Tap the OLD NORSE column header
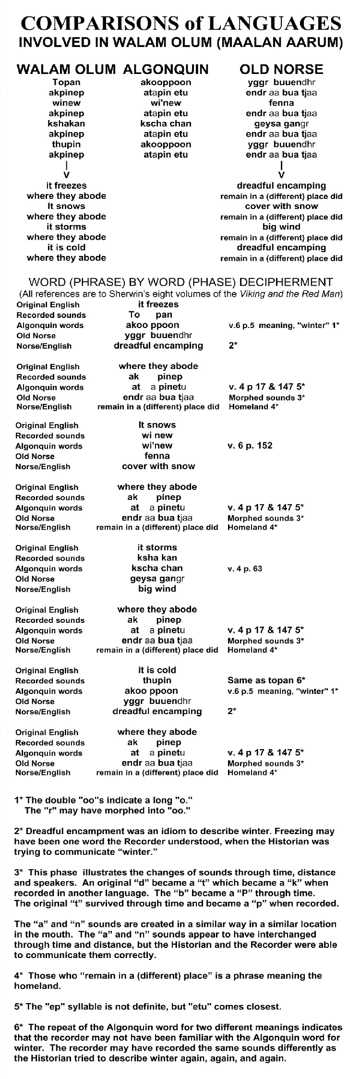tap(281, 69)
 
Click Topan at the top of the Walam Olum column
tap(66, 82)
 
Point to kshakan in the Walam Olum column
tap(66, 123)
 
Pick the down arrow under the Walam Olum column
tap(67, 173)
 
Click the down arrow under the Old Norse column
tap(281, 173)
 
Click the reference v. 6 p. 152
tap(250, 446)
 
